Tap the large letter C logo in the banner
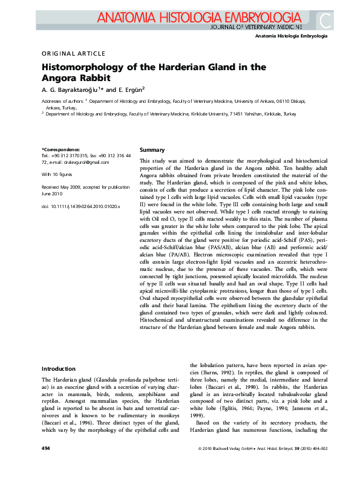pos(326,20)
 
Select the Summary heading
pos(152,149)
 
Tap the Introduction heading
pos(58,368)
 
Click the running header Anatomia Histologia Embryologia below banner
pos(291,36)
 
